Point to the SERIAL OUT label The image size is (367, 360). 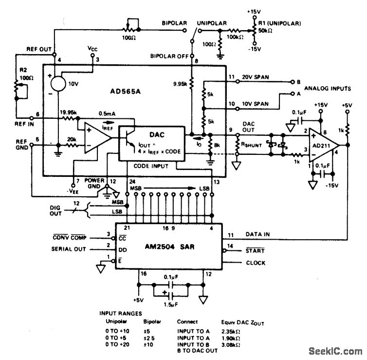coord(69,249)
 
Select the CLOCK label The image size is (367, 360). coord(256,263)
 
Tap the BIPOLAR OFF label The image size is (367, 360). coord(170,56)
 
